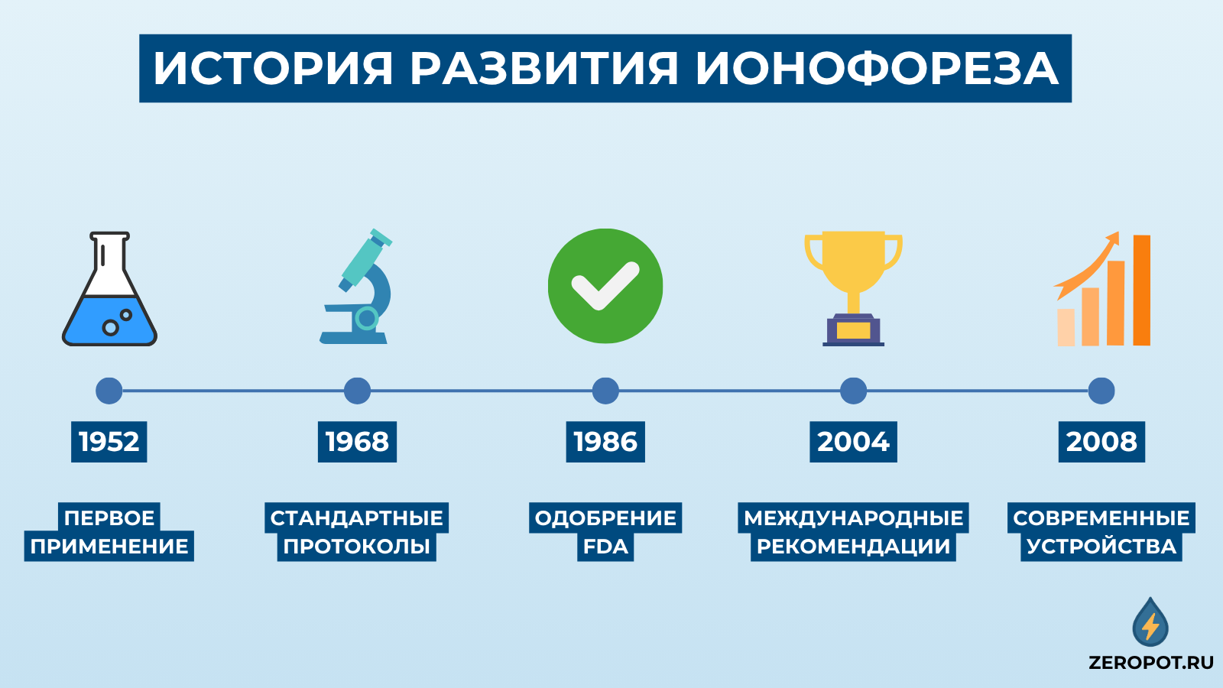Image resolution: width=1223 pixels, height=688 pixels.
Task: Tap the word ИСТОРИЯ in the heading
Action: (x=273, y=69)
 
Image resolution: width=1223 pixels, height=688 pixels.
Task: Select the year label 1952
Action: (x=109, y=442)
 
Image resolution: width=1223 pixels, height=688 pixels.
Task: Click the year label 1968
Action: (x=357, y=442)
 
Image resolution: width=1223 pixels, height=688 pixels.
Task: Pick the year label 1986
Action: (x=605, y=442)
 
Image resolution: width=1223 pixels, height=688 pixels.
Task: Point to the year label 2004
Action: (x=853, y=442)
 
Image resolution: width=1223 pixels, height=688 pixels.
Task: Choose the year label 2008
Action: (x=1101, y=442)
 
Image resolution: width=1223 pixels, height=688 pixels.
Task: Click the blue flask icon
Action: (x=109, y=306)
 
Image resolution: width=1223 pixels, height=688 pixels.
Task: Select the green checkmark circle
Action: (x=605, y=286)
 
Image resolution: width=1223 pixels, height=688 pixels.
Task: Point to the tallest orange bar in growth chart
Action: (x=1141, y=290)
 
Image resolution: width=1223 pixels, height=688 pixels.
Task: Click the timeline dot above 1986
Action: (x=605, y=391)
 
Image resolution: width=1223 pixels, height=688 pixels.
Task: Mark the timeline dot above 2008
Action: (x=1101, y=391)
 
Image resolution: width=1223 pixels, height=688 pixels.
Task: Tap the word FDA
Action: (x=605, y=547)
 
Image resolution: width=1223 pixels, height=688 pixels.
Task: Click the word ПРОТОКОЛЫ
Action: (x=357, y=547)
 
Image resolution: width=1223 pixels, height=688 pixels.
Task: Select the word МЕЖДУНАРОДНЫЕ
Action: (x=853, y=518)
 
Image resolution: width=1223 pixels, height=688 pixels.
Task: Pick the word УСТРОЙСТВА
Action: (x=1101, y=547)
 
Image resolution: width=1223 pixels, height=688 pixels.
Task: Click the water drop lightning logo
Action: (x=1150, y=623)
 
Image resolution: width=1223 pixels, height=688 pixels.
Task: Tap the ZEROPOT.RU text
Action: (x=1151, y=663)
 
